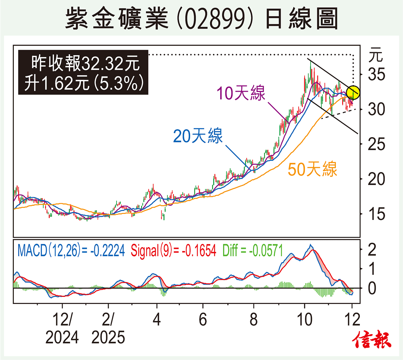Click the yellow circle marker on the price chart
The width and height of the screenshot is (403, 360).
tap(353, 93)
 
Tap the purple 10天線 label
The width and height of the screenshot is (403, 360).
tap(241, 93)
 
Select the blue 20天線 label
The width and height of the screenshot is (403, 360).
tap(198, 136)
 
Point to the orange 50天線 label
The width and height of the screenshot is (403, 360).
tap(312, 169)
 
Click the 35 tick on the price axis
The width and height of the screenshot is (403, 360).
tap(376, 75)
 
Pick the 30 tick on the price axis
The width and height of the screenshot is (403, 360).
tap(376, 109)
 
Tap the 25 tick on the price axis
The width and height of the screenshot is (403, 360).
tap(376, 144)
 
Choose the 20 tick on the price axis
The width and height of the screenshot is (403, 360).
tap(376, 179)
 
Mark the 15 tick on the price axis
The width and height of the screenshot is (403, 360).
tap(376, 214)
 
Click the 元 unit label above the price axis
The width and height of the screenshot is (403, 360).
tap(375, 55)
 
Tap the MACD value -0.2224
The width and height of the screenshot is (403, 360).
tap(107, 251)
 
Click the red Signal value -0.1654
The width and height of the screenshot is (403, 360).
tap(199, 251)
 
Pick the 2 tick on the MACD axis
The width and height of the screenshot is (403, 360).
tap(372, 250)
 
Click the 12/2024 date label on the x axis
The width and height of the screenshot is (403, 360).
tap(62, 328)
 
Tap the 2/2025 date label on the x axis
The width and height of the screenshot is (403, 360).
tap(108, 328)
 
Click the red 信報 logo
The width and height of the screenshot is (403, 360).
tap(372, 340)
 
